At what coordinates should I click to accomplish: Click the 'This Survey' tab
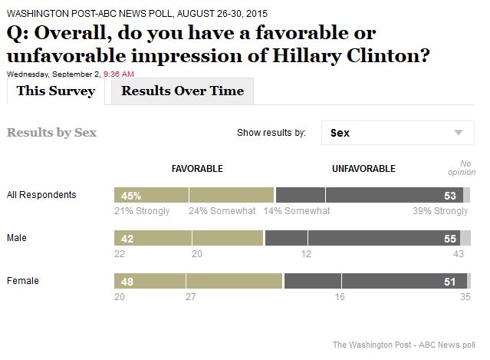point(56,91)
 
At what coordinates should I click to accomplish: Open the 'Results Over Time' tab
point(183,91)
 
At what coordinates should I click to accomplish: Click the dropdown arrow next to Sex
point(459,133)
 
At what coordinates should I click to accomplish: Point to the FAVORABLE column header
point(197,168)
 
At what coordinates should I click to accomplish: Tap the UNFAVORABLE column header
point(363,168)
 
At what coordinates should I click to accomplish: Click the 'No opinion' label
point(467,167)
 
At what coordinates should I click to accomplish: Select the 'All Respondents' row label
point(41,195)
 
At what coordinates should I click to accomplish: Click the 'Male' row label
point(17,238)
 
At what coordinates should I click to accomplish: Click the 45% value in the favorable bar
point(130,196)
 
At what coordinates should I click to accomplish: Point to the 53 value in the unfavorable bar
point(450,196)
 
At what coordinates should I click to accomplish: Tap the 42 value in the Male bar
point(127,239)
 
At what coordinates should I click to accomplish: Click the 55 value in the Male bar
point(450,239)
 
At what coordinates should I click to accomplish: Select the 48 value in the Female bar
point(127,282)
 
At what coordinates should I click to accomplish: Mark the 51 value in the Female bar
point(450,282)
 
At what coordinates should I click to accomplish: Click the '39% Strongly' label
point(441,211)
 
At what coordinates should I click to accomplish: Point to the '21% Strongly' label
point(141,211)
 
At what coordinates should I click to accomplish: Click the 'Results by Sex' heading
point(51,132)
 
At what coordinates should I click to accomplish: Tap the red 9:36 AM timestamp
point(119,74)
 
